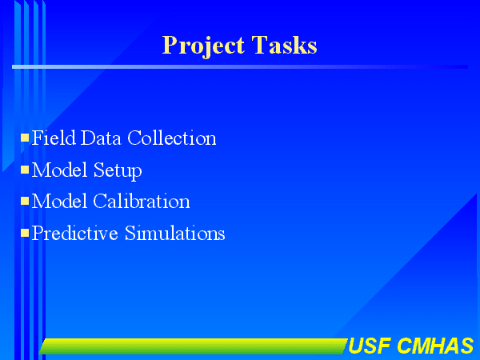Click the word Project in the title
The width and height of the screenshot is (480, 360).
[203, 46]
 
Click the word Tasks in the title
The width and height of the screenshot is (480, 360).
[284, 45]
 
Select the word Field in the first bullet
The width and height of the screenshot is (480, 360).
[54, 138]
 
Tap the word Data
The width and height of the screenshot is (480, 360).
[101, 138]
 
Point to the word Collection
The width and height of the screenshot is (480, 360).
[172, 138]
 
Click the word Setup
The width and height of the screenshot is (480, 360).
[118, 171]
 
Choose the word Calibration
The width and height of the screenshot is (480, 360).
[142, 201]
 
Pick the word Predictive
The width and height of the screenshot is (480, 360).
[75, 233]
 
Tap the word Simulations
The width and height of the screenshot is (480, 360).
[174, 233]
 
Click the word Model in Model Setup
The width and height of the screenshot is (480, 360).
[59, 170]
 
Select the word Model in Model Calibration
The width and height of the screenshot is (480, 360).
[59, 201]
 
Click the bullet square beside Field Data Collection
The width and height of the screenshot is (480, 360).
[25, 138]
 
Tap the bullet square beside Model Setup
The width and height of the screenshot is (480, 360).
[25, 170]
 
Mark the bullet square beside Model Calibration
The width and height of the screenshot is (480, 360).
[25, 201]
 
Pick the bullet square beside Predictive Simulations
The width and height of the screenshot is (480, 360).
[25, 233]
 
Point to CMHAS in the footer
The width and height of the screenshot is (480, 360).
[436, 346]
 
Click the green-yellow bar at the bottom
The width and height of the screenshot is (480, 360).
[194, 346]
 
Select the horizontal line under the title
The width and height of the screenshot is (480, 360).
[240, 66]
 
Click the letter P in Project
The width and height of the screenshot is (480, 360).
[170, 45]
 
